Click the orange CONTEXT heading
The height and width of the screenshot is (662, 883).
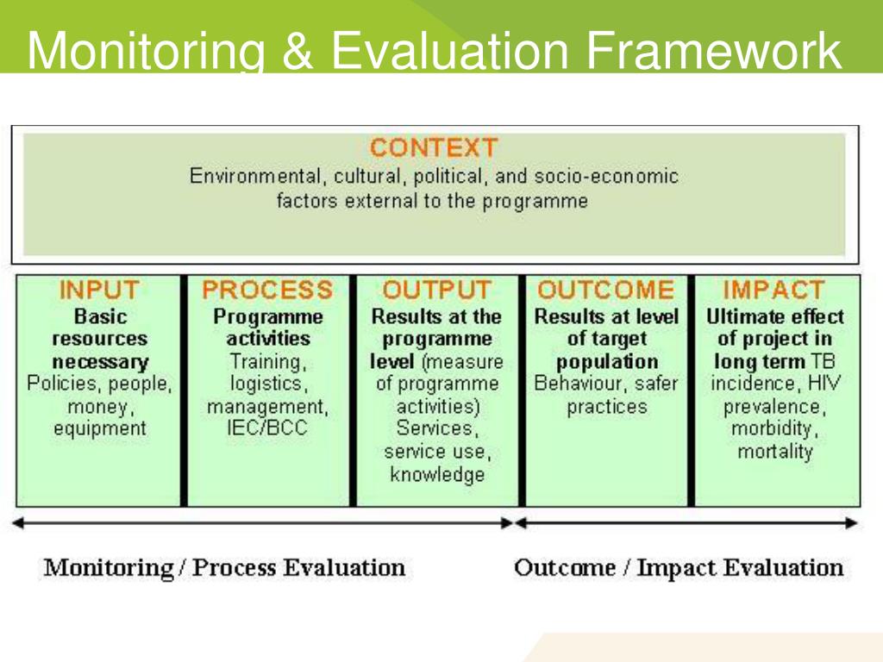click(433, 147)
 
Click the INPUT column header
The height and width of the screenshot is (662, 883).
click(98, 290)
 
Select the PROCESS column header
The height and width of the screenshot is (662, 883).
click(267, 290)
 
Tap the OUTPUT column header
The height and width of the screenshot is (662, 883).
click(437, 290)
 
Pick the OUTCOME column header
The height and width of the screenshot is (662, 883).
click(605, 290)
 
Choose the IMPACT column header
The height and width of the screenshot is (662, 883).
click(773, 290)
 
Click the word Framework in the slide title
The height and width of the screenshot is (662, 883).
click(712, 51)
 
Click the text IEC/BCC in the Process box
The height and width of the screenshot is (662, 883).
click(269, 428)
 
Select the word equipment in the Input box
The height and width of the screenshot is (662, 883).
click(100, 428)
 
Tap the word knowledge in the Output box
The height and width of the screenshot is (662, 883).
click(437, 474)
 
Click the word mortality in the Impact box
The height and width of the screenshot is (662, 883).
click(775, 451)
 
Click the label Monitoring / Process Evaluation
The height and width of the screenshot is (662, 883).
click(224, 568)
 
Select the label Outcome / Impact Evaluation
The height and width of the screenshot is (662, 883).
click(679, 568)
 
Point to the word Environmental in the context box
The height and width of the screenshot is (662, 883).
click(254, 177)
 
